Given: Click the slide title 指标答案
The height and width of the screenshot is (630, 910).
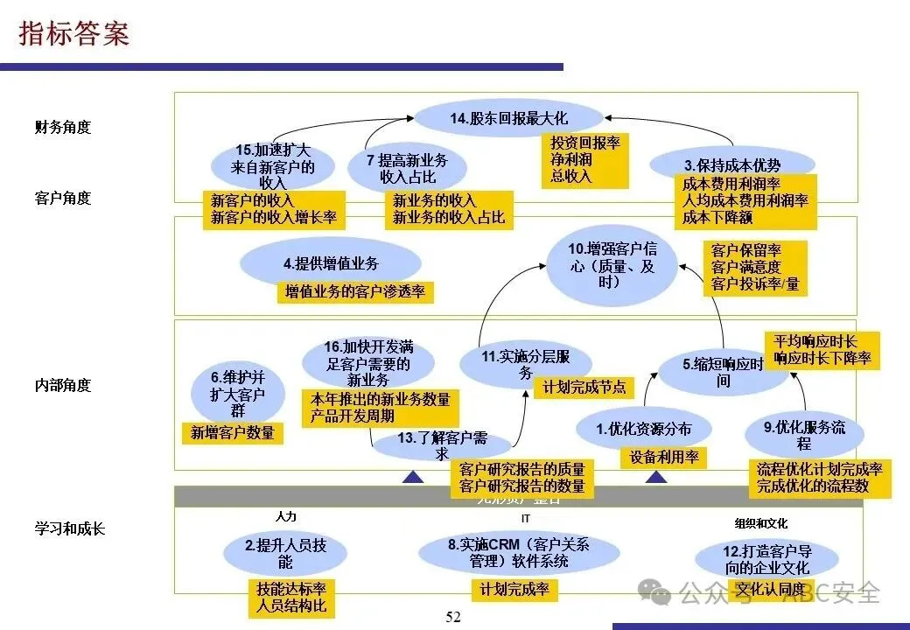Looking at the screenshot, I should (74, 32).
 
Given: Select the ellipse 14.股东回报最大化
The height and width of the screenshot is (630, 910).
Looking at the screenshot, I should (508, 118).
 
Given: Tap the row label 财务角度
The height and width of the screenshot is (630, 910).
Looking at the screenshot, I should (62, 127).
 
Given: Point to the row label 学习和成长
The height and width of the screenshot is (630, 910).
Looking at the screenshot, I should (69, 528).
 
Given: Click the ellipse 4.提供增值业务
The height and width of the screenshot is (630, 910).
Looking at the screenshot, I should (330, 262).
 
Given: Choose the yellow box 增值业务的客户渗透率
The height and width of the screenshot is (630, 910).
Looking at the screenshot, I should (355, 292).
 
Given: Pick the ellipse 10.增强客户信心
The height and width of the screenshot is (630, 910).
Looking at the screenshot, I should (612, 263).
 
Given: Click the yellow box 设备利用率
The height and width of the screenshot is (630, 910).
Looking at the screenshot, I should (664, 458).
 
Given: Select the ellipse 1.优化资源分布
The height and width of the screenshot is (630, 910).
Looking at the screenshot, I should (643, 429).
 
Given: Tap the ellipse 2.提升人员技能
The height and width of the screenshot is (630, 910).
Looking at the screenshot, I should (285, 552).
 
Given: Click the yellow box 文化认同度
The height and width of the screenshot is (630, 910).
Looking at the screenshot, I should (769, 589).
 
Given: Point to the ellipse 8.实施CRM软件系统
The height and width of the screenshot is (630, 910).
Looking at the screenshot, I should (519, 552).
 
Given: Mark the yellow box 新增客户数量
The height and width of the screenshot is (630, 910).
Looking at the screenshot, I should (232, 432).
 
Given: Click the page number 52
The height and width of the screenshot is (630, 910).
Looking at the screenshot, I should (452, 617).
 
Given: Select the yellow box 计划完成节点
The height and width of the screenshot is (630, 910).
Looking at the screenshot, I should (584, 387).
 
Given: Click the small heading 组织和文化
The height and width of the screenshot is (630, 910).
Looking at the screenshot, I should (761, 523).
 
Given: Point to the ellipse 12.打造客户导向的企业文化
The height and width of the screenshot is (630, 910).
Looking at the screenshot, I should (767, 559).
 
